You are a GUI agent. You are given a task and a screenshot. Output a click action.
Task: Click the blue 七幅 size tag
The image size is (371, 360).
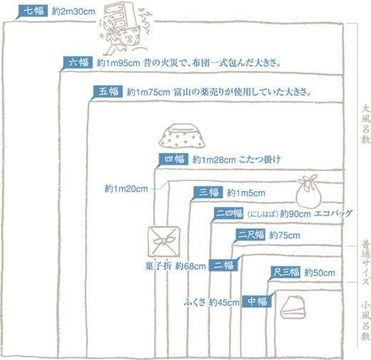pos(33,11)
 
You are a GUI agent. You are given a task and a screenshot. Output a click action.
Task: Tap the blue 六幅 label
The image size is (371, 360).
pos(78,63)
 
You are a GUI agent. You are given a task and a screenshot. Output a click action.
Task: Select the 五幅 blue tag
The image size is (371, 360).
pos(108,91)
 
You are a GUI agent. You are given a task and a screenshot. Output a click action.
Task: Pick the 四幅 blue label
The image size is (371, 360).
pos(174,159)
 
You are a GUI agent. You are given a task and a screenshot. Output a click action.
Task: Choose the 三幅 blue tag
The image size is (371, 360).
pos(208,192)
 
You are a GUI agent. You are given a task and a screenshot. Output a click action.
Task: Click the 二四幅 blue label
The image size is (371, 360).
pos(228,213)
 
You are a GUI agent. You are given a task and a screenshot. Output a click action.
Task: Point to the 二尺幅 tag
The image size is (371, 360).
pos(250,235)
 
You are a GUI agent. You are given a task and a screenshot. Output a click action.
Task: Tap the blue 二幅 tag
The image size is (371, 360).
pos(223,265)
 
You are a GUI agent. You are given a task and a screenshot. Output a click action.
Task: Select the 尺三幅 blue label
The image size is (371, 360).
pos(285,272)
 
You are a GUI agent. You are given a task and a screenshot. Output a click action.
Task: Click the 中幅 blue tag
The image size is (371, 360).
pos(257,302)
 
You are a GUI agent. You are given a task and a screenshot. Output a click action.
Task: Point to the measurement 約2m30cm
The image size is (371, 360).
pos(73,11)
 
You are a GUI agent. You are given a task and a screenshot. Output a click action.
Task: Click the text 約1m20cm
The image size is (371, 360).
pos(126,189)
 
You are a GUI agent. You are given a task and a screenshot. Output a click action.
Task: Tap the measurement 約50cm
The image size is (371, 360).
pos(320,272)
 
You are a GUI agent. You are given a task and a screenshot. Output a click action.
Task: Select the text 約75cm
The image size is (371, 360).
pos(285,235)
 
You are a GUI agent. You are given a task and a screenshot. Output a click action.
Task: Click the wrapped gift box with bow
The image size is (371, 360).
pos(164,241)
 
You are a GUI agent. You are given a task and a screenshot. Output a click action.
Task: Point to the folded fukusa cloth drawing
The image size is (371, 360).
pos(293,307)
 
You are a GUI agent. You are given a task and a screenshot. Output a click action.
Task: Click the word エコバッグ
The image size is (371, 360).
pos(333,213)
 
